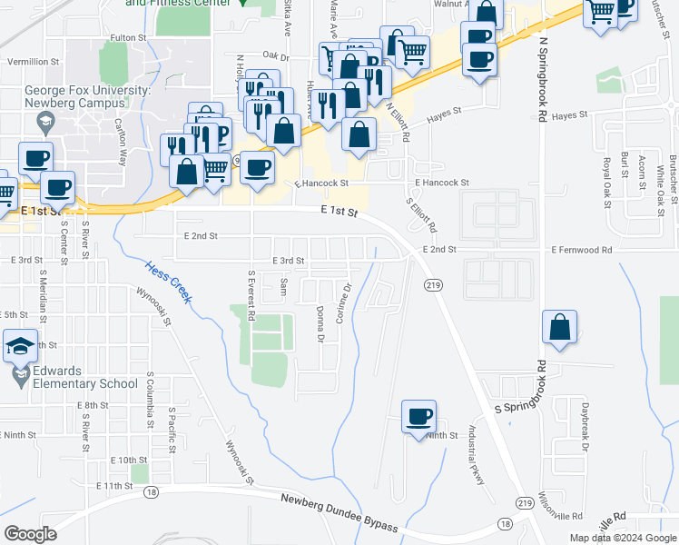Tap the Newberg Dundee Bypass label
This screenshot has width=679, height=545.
(339, 513)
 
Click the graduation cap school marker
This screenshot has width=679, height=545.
(20, 345)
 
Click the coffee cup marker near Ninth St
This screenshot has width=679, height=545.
(418, 417)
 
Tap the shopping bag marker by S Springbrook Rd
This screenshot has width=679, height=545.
(560, 327)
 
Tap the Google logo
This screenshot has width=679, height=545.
(30, 533)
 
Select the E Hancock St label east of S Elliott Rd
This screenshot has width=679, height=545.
(442, 183)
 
